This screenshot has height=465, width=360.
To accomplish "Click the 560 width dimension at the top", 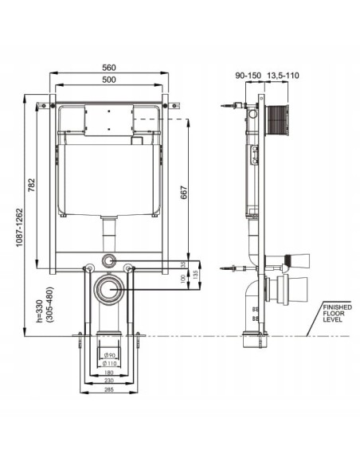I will pos(111,68).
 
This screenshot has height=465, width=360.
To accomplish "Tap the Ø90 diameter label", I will pos(111,354).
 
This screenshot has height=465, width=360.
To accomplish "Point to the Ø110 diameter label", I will pos(111,364).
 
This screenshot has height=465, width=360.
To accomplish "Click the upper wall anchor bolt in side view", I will pos(231,106).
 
